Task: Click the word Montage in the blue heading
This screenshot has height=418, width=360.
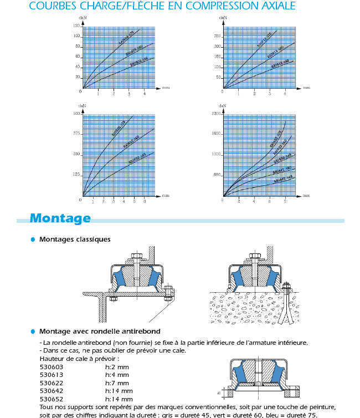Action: coord(60,218)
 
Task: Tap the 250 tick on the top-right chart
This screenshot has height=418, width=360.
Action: coord(218,36)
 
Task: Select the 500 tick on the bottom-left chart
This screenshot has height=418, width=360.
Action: coord(76,113)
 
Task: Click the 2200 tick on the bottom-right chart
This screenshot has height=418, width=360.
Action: coord(215,113)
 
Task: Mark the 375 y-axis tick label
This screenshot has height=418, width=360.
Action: coord(76,134)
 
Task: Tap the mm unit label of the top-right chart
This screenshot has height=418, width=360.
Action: coord(306,88)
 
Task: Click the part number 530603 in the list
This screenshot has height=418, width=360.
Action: coord(52,367)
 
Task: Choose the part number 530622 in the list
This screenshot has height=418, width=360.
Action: coord(52,383)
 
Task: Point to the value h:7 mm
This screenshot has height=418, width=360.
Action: coord(117,383)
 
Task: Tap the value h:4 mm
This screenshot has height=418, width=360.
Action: coord(117,375)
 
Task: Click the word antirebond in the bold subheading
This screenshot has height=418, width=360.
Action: coord(141,332)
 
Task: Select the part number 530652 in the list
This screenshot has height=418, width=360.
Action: coord(52,399)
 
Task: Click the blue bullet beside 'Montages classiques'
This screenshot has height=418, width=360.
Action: coord(33,239)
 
